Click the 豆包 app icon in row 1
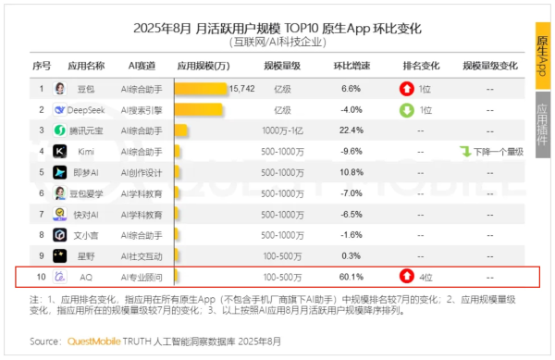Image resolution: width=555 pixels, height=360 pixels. point(59,88)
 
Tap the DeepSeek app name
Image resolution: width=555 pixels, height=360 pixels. point(90,109)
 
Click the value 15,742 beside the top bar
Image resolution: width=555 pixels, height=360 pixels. point(241,88)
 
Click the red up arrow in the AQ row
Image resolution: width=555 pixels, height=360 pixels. point(406,276)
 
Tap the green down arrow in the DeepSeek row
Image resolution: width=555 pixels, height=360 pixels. point(406,109)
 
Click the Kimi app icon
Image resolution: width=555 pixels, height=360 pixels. point(59,151)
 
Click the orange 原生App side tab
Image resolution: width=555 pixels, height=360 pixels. point(544,56)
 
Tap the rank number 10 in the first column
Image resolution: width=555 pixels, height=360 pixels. point(42,276)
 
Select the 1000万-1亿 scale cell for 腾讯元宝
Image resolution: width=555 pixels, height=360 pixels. point(281,130)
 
